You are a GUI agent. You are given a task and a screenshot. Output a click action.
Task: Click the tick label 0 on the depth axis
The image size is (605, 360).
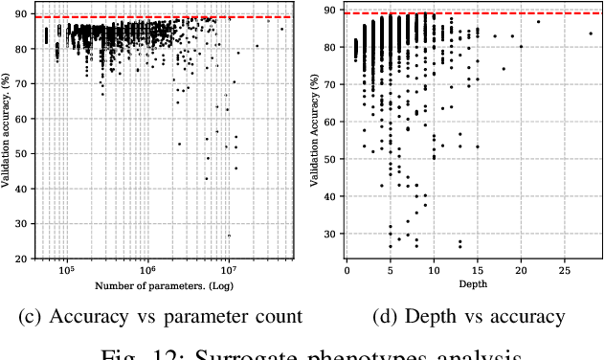click(x=347, y=272)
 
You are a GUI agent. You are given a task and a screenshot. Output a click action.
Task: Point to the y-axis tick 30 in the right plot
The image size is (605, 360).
click(x=330, y=234)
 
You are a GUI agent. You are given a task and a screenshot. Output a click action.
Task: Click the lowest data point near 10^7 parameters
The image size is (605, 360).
click(x=229, y=236)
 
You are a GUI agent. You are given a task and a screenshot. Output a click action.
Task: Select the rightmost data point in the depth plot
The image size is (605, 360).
click(x=591, y=34)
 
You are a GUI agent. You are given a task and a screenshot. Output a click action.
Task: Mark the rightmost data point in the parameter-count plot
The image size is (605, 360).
click(x=281, y=29)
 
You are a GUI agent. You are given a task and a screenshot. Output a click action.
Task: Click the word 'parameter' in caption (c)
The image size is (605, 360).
click(x=208, y=317)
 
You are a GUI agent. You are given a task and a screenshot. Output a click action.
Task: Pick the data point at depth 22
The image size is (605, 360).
click(x=538, y=22)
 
